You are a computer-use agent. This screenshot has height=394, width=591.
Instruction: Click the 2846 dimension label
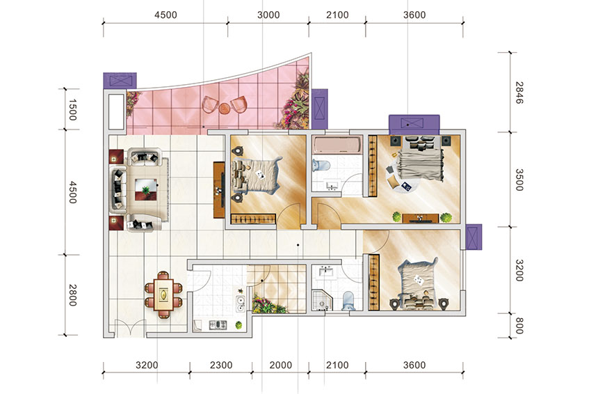click(519, 93)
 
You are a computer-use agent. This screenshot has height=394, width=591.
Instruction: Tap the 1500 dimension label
click(73, 110)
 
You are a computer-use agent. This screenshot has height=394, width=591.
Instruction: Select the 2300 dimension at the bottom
click(221, 365)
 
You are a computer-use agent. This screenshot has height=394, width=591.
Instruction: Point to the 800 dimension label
click(519, 326)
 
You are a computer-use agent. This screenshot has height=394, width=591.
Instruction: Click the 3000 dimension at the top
click(268, 15)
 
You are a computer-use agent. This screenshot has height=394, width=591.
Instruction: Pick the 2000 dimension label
click(281, 365)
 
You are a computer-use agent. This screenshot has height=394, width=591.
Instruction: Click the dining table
click(163, 294)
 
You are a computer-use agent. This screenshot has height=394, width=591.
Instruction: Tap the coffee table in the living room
click(146, 189)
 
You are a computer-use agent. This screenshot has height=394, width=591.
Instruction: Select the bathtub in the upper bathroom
click(337, 145)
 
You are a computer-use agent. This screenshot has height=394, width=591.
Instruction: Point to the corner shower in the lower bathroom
click(322, 301)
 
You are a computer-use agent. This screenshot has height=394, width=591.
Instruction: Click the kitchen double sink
click(240, 304)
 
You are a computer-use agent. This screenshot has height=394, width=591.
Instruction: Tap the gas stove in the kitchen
click(218, 325)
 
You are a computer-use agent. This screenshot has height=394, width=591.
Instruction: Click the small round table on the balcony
click(225, 109)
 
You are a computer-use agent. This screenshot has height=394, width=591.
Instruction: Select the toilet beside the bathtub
click(321, 165)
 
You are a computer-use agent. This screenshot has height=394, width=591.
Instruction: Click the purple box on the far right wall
click(473, 237)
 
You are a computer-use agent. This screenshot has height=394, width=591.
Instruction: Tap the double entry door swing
click(130, 328)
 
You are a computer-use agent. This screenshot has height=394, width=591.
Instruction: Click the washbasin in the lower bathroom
click(325, 271)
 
